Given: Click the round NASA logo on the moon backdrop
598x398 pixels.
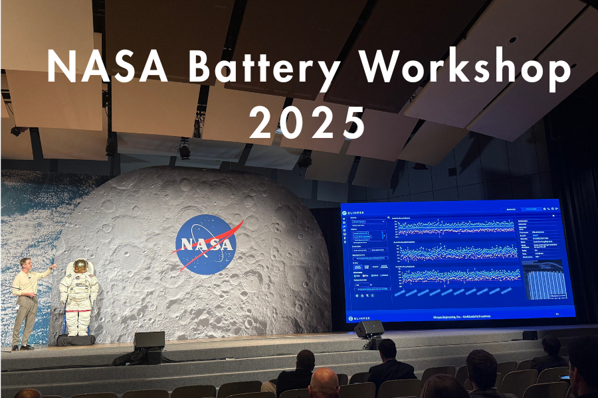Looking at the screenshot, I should pos(207,243).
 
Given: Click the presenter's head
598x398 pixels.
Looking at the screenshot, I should pos(26,264).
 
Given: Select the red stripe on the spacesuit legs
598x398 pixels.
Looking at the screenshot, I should pos(78,310).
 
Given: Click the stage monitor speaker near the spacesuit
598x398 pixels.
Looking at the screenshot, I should pos(149,340).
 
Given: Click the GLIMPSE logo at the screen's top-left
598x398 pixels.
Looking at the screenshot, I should pos(356,213).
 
